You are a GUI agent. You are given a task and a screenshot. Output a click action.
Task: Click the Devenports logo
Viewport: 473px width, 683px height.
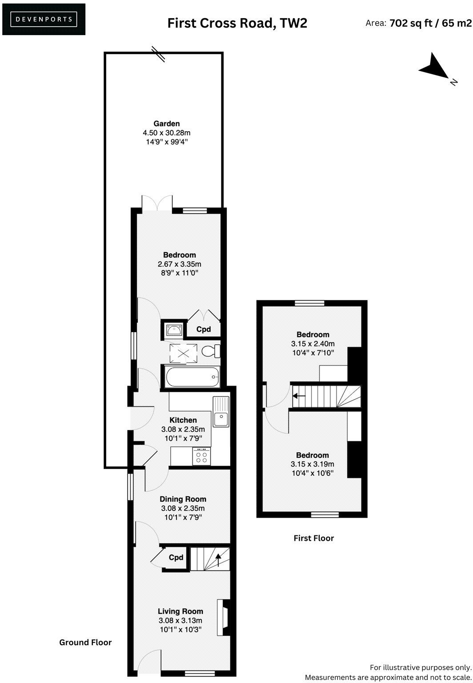[44, 19]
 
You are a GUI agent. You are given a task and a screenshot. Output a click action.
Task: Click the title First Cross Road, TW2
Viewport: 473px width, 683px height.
[237, 23]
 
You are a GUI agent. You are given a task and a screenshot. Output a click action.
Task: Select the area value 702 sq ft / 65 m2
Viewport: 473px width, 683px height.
[430, 23]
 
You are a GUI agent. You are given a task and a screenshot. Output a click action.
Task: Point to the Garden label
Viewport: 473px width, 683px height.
[166, 124]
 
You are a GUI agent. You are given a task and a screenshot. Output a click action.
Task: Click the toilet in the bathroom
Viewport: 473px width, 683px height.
[210, 351]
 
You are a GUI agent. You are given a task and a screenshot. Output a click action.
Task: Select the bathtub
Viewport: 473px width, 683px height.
[192, 377]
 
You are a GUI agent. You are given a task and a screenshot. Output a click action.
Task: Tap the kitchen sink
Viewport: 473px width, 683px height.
[220, 412]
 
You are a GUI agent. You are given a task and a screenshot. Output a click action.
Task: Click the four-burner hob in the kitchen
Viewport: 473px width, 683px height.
[201, 457]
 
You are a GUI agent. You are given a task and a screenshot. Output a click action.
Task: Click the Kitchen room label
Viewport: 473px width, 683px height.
[183, 420]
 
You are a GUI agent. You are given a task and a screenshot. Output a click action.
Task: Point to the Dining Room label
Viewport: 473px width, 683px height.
[183, 499]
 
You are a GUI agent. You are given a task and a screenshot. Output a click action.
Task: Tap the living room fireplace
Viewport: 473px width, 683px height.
[223, 618]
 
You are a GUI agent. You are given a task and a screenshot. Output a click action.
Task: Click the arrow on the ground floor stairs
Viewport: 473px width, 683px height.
[218, 559]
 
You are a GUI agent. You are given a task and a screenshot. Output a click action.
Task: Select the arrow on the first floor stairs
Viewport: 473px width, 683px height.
[299, 395]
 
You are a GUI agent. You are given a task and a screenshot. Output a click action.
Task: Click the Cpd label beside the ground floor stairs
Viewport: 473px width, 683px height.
[176, 558]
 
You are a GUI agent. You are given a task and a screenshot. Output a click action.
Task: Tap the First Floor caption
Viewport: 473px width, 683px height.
[313, 538]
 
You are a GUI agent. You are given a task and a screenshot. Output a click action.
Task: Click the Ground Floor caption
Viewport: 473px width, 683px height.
[85, 642]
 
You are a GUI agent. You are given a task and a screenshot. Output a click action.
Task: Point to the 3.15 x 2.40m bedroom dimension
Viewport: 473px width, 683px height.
[313, 344]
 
